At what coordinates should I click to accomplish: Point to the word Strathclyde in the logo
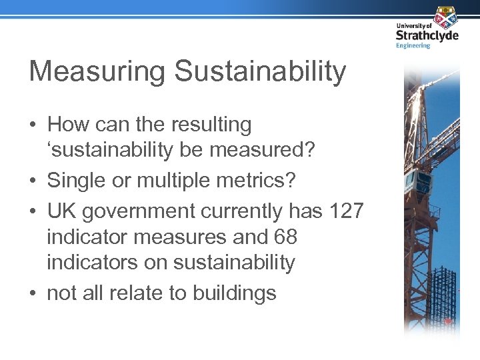427,35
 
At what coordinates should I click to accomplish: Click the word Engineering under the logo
413,45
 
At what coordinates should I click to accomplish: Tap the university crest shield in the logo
445,16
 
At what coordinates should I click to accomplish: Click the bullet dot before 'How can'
33,125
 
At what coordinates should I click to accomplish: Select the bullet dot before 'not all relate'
33,293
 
